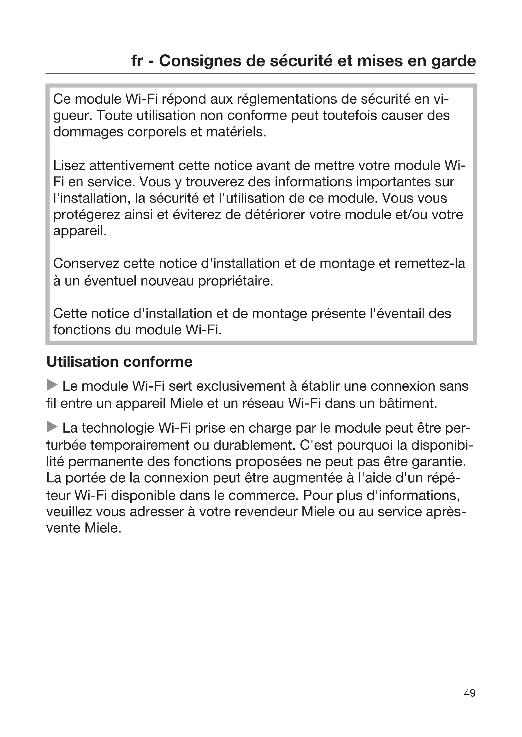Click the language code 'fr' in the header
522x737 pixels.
click(x=137, y=61)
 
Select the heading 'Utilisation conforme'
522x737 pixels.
click(x=119, y=362)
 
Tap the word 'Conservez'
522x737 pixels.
click(x=86, y=263)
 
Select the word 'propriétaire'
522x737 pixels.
click(x=235, y=281)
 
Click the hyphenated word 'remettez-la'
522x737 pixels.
click(x=430, y=263)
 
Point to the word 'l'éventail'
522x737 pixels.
click(x=397, y=314)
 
